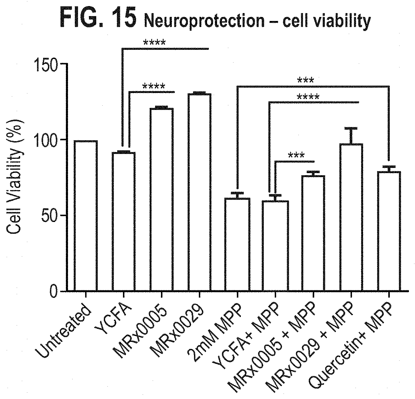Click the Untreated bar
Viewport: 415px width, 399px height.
(x=86, y=216)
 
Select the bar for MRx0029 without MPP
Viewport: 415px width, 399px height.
(x=199, y=192)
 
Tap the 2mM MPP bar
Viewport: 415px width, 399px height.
(x=237, y=245)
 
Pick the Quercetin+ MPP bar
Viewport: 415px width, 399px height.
(x=389, y=231)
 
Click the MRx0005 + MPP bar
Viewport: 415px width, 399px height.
(x=313, y=233)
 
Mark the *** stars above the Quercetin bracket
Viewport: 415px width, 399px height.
(x=305, y=80)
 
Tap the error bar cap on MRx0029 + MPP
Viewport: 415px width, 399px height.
(x=351, y=128)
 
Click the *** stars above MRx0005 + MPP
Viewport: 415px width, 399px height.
(x=296, y=155)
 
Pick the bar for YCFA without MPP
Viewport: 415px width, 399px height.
(x=124, y=222)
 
